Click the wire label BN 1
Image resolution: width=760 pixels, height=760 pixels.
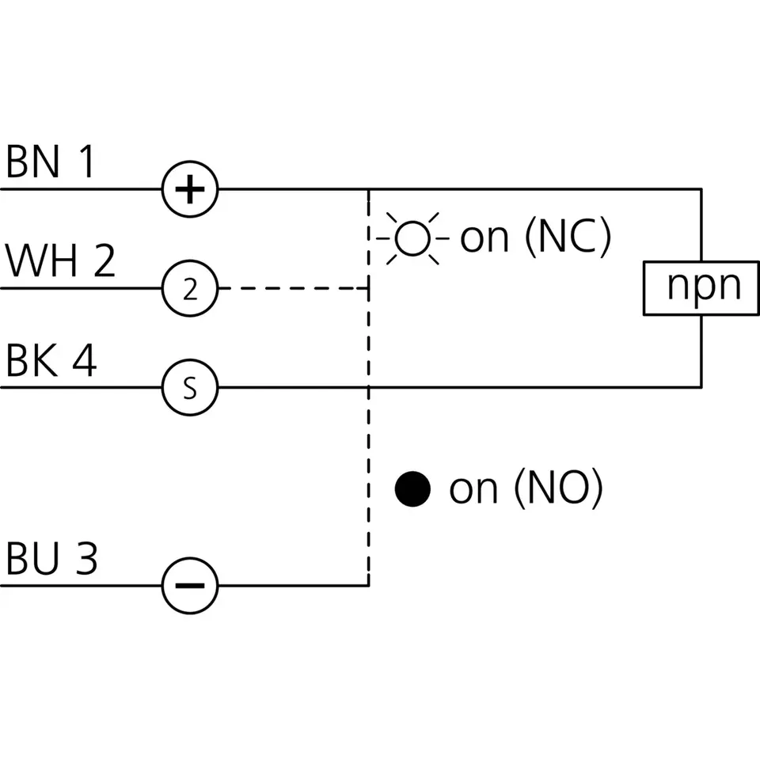coord(50,161)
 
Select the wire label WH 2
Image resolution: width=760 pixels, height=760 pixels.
coord(60,260)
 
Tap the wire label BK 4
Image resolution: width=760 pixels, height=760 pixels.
coord(51,360)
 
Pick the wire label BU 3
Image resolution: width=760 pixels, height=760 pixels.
coord(51,558)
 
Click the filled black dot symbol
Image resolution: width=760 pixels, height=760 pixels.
coord(412,488)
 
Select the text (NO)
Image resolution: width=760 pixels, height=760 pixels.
coord(558,488)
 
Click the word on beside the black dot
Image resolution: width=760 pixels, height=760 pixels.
coord(473,490)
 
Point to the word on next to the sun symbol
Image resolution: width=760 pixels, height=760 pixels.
coord(484,239)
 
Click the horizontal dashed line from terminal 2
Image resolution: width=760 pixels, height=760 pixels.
coord(294,288)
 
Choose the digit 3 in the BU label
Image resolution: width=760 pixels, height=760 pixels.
coord(87,558)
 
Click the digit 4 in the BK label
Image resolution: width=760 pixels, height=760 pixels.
coord(85,360)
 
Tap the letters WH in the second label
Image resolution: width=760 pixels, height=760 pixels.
coord(41,260)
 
